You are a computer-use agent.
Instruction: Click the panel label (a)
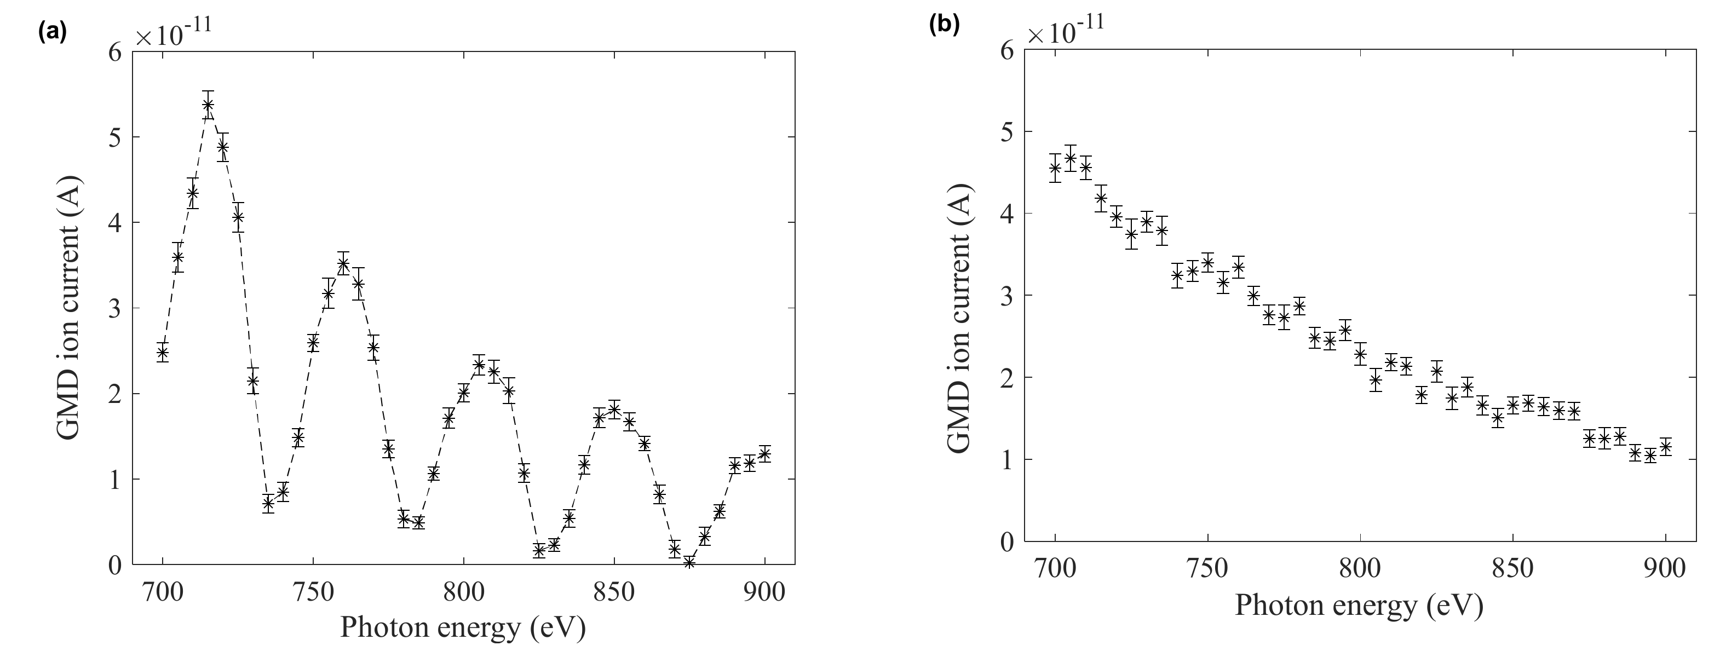[53, 31]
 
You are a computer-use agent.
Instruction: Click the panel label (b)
[944, 24]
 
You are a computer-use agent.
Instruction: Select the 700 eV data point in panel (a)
[162, 353]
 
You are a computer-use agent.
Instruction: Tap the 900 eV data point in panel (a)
[764, 454]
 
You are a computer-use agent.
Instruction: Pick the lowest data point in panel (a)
[689, 562]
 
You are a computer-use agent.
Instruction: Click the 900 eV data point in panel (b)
[1665, 447]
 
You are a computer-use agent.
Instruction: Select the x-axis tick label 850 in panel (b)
[1513, 569]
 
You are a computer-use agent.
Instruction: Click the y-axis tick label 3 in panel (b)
[1007, 296]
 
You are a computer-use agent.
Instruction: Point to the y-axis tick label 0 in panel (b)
[1007, 542]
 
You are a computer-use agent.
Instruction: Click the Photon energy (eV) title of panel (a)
[463, 627]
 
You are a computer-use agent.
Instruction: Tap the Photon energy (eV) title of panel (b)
[1359, 605]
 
